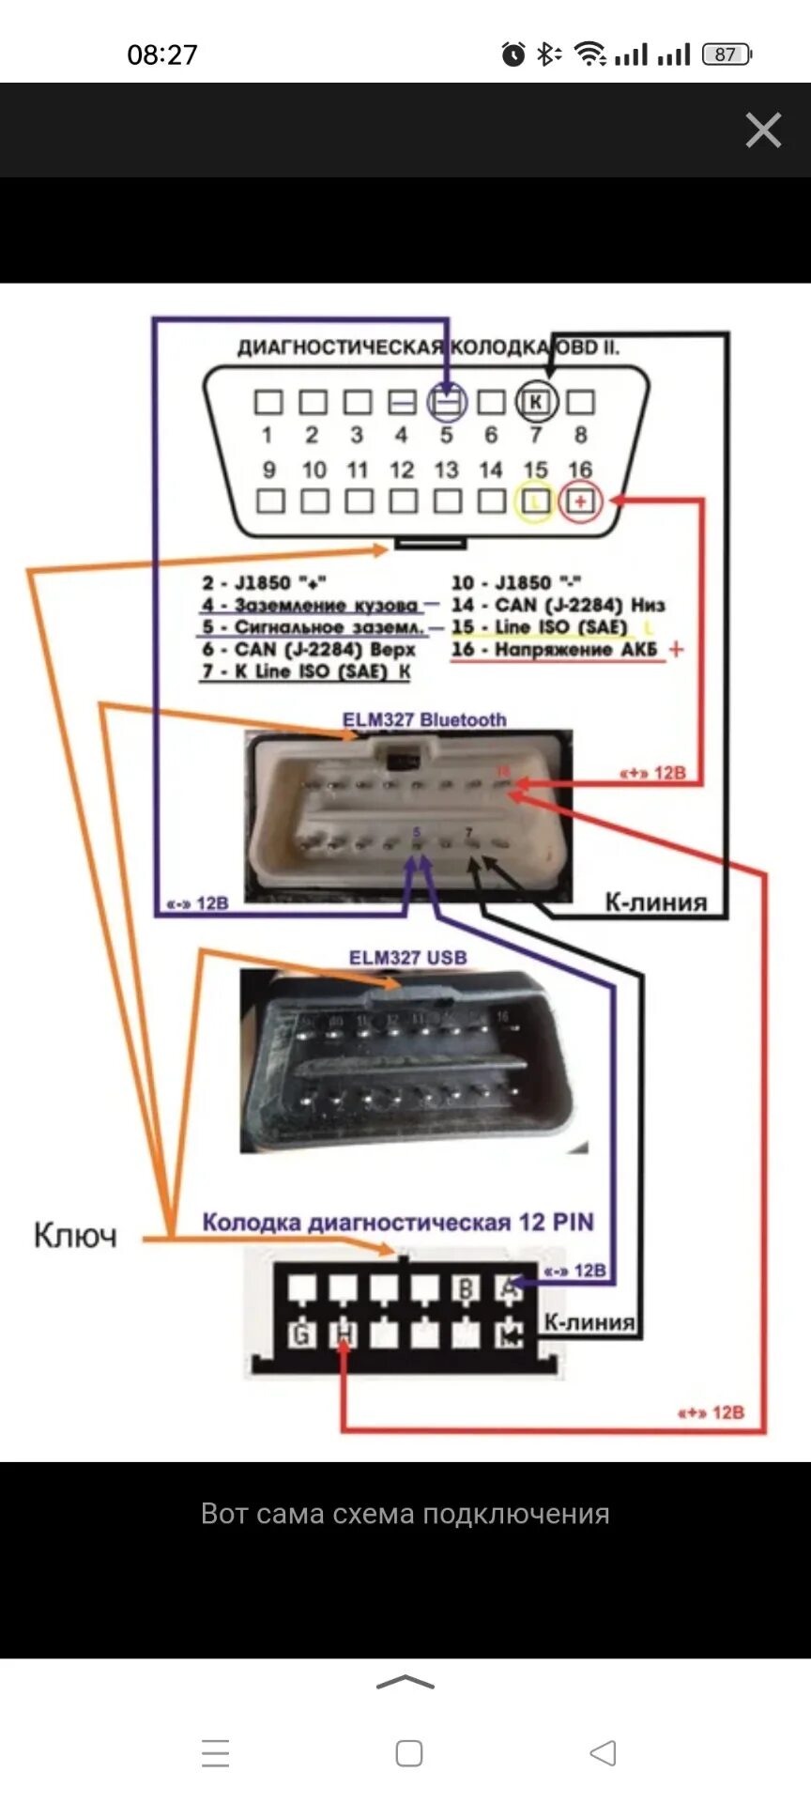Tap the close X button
click(x=763, y=131)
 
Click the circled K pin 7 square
click(x=536, y=402)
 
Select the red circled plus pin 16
click(x=580, y=501)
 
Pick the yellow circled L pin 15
click(x=535, y=501)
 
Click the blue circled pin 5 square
click(x=448, y=403)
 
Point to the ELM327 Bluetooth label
click(x=424, y=720)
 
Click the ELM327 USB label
click(x=407, y=958)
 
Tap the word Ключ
click(x=75, y=1235)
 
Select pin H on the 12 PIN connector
click(x=344, y=1333)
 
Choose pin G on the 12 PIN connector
click(x=301, y=1333)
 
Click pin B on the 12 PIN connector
click(x=467, y=1289)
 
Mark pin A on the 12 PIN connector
click(x=508, y=1288)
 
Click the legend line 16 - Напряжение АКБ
click(x=555, y=650)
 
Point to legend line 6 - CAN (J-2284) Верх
click(x=309, y=650)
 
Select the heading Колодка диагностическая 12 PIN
click(x=398, y=1223)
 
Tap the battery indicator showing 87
click(x=727, y=54)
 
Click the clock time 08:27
click(x=162, y=54)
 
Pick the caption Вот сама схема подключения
click(x=405, y=1514)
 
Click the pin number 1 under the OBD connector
click(x=268, y=435)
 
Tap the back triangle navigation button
click(x=603, y=1753)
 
